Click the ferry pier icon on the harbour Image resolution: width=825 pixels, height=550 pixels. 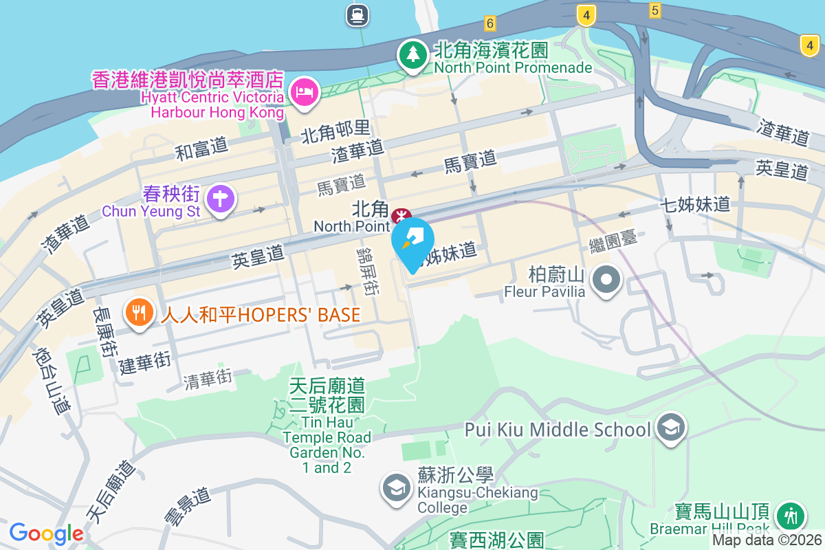point(357,14)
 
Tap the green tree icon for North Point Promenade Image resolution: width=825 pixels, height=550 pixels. point(413,54)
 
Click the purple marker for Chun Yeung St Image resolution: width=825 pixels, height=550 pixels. point(221,199)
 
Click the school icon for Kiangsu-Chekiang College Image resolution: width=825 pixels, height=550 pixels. point(395,488)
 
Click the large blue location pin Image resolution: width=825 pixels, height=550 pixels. point(412,241)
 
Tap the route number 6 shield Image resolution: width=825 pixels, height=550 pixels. point(489,23)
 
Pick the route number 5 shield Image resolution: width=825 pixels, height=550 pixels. point(654,10)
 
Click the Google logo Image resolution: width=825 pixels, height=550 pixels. point(46,533)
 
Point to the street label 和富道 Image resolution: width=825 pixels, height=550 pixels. point(201,149)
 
